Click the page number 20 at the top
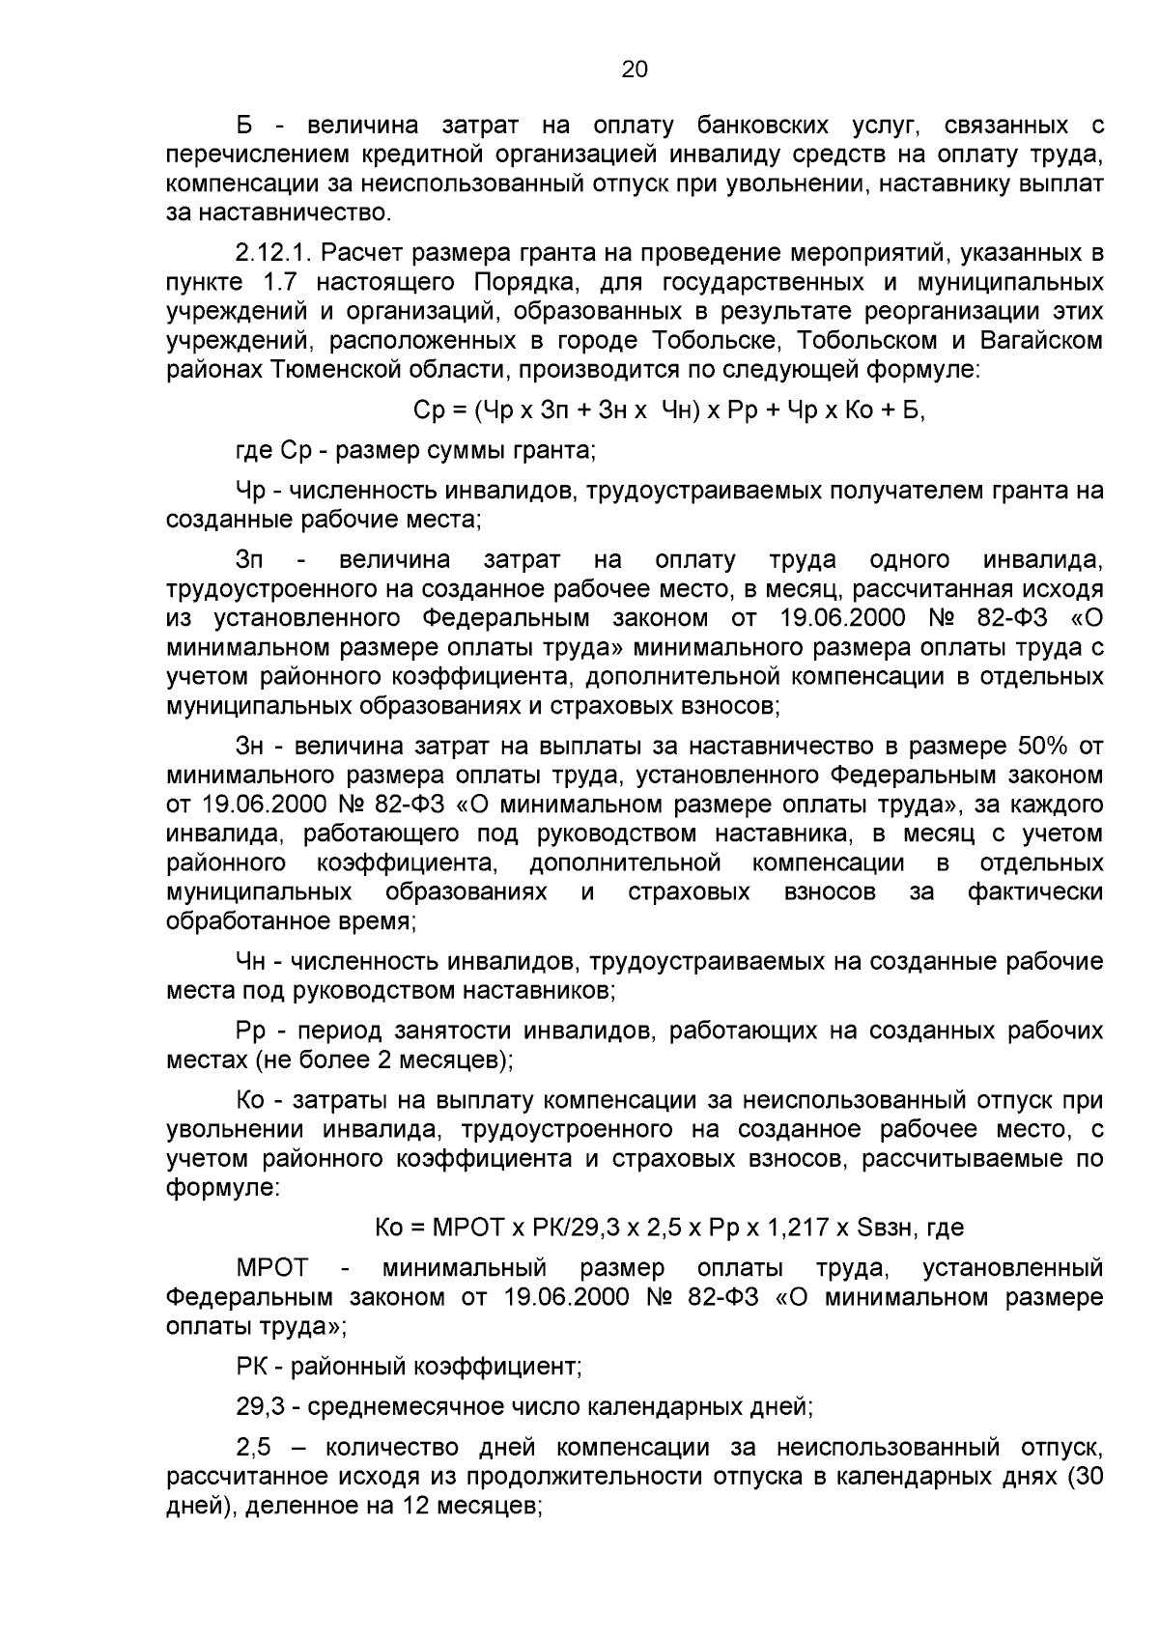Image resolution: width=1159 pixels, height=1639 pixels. [x=635, y=70]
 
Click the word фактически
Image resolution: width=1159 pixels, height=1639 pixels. [x=1035, y=892]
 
